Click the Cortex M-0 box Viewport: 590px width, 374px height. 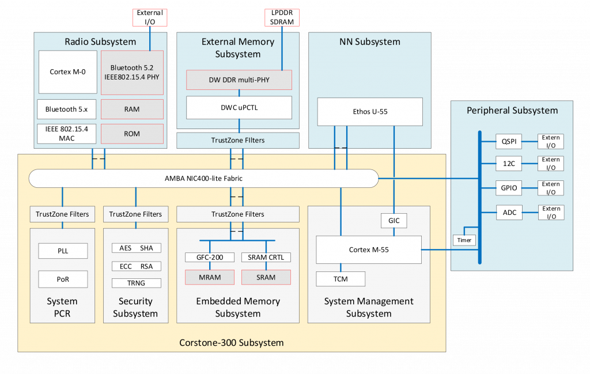pos(67,72)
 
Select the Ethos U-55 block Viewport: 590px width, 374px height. pos(370,111)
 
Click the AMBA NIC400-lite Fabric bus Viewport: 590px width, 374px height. pos(203,178)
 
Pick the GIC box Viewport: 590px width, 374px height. pos(394,220)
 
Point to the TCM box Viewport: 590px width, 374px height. pos(341,279)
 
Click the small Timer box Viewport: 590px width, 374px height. pos(464,240)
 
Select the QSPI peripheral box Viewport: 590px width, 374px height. pos(508,141)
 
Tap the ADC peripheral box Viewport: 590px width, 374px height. pos(508,213)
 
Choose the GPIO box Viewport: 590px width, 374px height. pos(508,188)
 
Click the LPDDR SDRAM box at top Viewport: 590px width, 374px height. pos(282,17)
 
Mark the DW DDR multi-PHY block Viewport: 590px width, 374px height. pos(239,80)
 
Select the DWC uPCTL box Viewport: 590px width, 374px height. pos(239,107)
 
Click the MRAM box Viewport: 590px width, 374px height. pos(210,277)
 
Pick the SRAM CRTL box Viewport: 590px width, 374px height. pos(266,257)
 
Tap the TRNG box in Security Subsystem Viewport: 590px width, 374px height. pos(136,283)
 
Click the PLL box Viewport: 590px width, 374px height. pos(62,251)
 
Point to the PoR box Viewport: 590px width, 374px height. pos(62,279)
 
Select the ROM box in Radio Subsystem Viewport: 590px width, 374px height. pos(132,134)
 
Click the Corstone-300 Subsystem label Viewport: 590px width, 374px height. pos(232,342)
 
